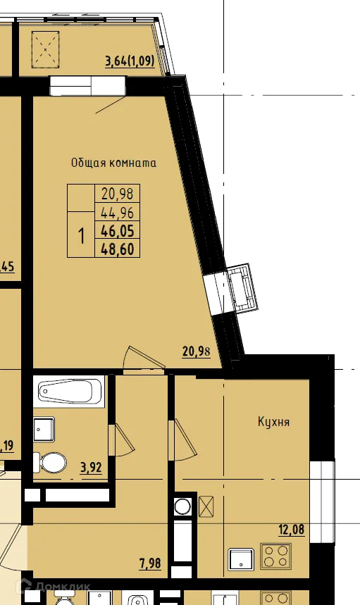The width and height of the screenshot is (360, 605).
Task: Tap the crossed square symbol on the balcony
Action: point(46,49)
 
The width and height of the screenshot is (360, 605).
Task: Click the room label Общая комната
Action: point(113,163)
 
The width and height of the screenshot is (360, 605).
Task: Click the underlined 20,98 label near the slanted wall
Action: point(196,352)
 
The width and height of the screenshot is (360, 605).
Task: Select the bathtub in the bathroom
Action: point(70,392)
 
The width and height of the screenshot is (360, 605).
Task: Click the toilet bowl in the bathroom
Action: point(51,463)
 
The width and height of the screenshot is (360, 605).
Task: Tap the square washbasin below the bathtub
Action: point(44,428)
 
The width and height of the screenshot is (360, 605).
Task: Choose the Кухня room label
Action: point(273,423)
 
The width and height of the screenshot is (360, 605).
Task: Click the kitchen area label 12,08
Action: point(291,530)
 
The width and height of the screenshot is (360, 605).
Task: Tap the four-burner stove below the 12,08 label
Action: point(276,556)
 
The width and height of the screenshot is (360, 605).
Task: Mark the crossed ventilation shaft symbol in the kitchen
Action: point(207,506)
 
